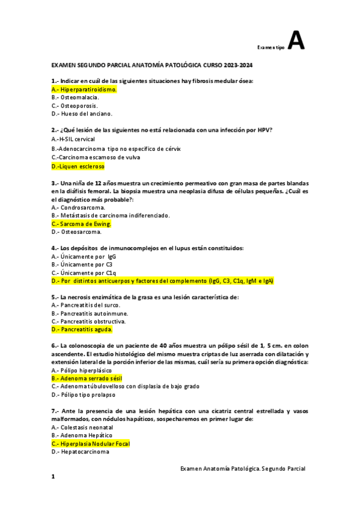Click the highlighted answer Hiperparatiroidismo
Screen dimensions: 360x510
(84, 89)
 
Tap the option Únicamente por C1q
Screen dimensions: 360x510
(84, 272)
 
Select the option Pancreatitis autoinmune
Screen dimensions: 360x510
(90, 313)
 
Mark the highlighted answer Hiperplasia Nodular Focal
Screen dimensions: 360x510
(91, 444)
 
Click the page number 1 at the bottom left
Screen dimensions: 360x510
(53, 477)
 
